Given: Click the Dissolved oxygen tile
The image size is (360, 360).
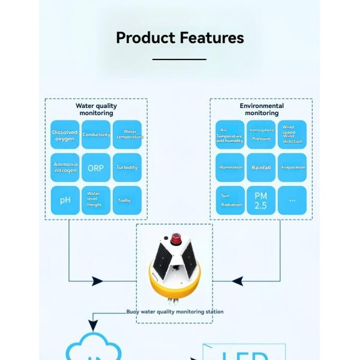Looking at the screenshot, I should pos(65,135).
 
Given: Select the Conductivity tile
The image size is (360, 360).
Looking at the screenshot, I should pos(96,135).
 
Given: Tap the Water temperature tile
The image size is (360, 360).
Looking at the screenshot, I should pos(127,135).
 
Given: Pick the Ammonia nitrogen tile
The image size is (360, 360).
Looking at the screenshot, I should pos(65,168).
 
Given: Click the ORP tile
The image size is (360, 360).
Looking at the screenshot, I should pos(96,168).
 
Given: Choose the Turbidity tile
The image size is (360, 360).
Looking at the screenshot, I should pos(127,168).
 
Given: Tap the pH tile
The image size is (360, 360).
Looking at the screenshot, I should pos(65,200).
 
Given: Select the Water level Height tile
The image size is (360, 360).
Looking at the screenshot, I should pos(96,200).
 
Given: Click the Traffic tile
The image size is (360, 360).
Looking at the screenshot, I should pos(127,200).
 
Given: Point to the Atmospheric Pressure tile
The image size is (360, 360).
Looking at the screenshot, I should pos(261,135).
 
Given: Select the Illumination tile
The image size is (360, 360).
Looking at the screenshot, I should pos(230,168).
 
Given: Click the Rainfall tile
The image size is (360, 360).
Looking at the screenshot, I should pos(261,168).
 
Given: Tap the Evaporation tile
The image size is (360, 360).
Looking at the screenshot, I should pos(292,168).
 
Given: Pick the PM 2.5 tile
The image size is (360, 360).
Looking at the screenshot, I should pos(261,200).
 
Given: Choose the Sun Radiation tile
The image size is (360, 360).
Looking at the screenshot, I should pos(230,200).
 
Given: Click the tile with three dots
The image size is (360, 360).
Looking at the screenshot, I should pos(292,200).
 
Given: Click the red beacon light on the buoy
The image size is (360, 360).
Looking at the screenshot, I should pos(176,239).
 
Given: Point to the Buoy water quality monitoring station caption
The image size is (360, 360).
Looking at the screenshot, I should pos(175,312).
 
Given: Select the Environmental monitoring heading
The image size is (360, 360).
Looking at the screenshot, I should pos(262,109).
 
